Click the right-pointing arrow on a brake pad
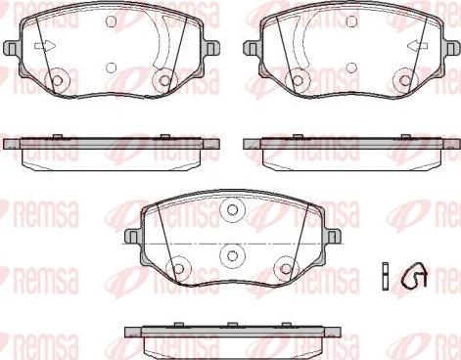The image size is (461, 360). pyautogui.click(x=44, y=46)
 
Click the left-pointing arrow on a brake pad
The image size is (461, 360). pyautogui.click(x=418, y=46)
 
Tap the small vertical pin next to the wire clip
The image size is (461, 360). pyautogui.click(x=386, y=276)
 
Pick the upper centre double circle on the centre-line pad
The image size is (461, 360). pyautogui.click(x=232, y=209)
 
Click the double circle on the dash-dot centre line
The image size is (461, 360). pyautogui.click(x=232, y=255)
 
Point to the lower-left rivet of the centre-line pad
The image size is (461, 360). pyautogui.click(x=178, y=269)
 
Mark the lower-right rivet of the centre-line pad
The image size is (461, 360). pyautogui.click(x=286, y=269)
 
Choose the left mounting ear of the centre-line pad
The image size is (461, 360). pyautogui.click(x=133, y=236)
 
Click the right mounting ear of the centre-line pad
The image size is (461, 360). pyautogui.click(x=332, y=236)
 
